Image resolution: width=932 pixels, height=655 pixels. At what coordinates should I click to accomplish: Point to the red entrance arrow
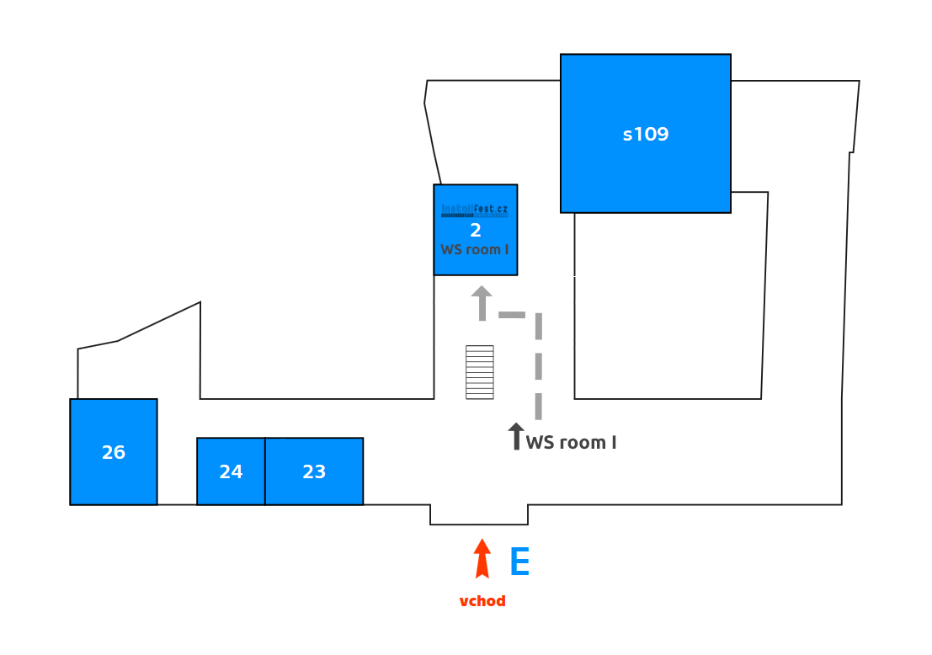[x=482, y=559]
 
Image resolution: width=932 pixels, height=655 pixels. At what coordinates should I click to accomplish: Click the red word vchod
[x=482, y=601]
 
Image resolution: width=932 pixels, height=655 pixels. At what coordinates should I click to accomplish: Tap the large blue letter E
[x=520, y=562]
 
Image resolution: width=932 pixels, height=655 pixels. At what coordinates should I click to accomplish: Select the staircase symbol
[x=480, y=372]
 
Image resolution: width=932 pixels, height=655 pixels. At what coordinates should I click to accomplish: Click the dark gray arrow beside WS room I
[x=516, y=436]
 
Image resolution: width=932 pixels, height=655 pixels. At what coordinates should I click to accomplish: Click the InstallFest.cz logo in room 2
[x=475, y=210]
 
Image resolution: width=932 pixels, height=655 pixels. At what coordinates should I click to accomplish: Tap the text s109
[x=646, y=134]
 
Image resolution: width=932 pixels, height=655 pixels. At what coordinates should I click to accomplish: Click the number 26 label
[x=114, y=452]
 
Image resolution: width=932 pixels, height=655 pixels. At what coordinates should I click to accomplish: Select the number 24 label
[x=231, y=471]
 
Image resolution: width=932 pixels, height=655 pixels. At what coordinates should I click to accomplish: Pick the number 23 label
[x=314, y=471]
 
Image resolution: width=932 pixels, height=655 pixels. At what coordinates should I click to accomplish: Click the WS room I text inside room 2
[x=475, y=249]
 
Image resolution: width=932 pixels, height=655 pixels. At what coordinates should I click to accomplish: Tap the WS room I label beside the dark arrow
[x=572, y=442]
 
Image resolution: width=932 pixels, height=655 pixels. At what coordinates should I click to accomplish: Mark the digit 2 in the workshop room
[x=476, y=230]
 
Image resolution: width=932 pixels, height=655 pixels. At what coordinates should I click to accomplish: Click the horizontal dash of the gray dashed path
[x=512, y=315]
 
